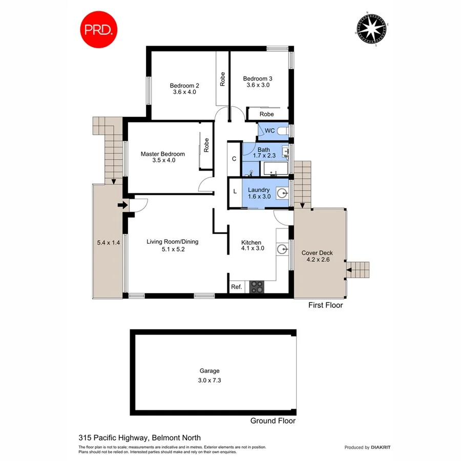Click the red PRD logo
(99, 30)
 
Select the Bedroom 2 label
(184, 86)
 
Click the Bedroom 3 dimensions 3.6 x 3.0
(258, 86)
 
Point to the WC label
(270, 131)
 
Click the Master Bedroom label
(163, 154)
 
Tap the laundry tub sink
(282, 193)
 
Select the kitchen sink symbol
(282, 249)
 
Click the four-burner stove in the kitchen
(256, 287)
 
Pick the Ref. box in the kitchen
(236, 287)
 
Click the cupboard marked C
(234, 159)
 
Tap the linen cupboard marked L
(235, 192)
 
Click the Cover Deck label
(317, 253)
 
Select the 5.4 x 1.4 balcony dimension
(108, 243)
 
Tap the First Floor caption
(325, 305)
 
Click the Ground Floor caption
(273, 421)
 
